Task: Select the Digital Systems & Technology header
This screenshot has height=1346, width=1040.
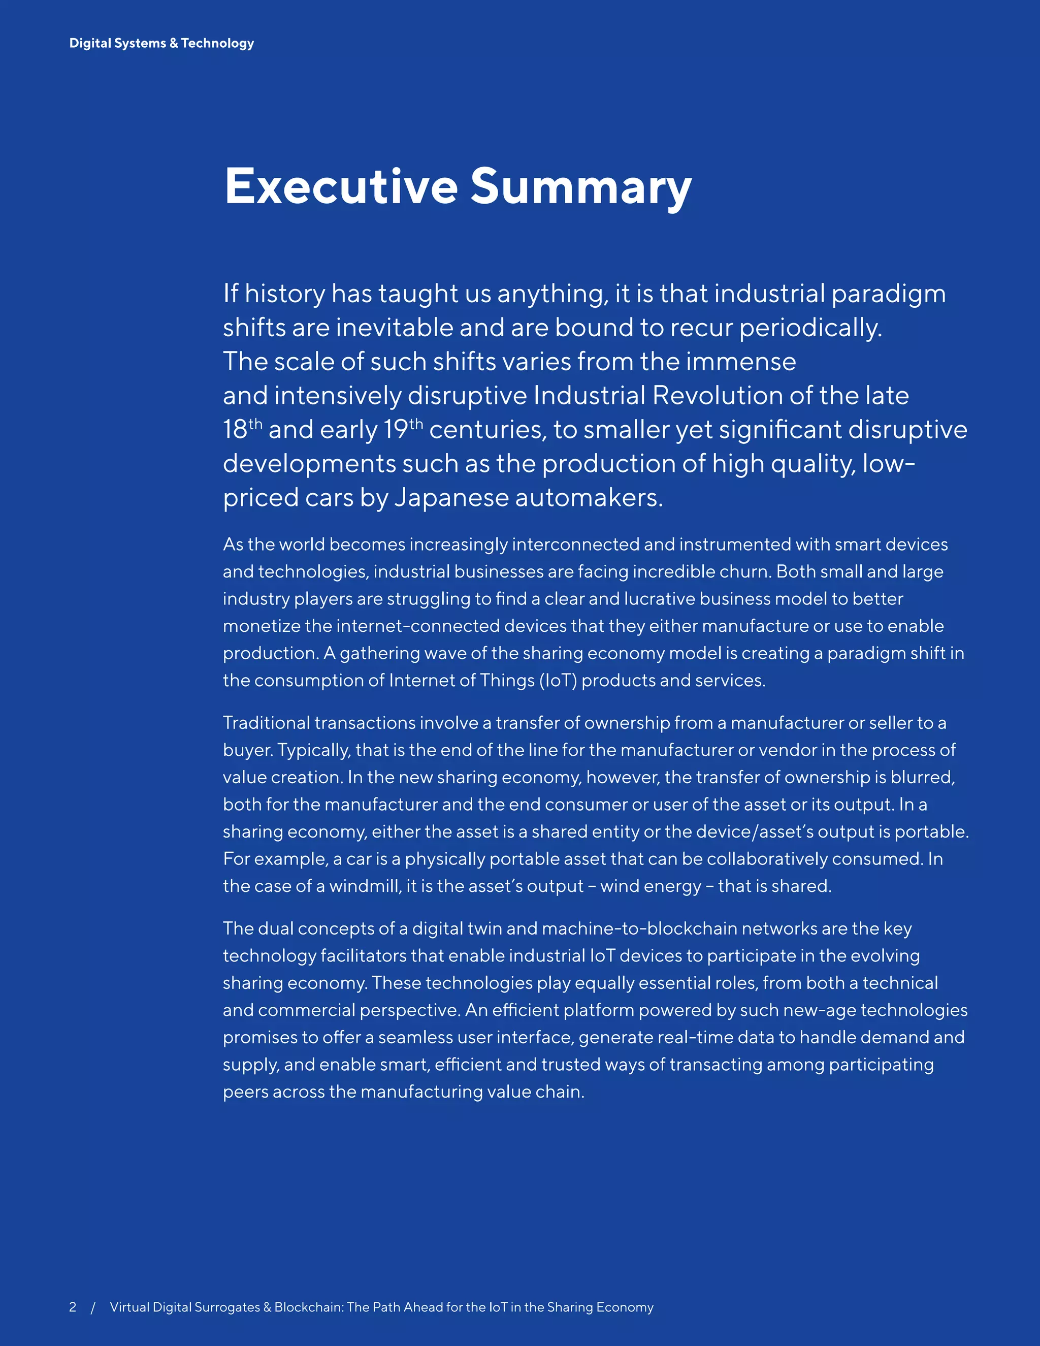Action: coord(161,43)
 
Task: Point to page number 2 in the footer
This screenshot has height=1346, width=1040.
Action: coord(73,1307)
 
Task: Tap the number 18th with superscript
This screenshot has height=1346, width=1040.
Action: coord(242,430)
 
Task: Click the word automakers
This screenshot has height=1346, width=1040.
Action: coord(589,498)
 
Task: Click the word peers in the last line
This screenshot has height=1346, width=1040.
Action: coord(245,1092)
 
